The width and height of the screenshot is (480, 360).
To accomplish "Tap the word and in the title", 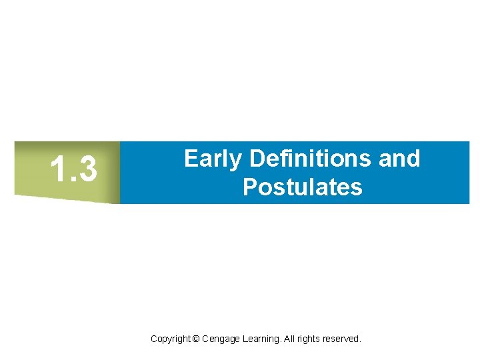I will coord(399,159).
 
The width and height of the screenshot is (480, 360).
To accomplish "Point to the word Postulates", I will coord(303,187).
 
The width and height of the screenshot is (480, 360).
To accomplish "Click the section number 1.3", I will coord(74,169).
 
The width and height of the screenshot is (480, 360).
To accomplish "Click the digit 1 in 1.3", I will coord(58,169).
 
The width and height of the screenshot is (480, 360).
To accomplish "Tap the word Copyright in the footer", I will coord(170,339).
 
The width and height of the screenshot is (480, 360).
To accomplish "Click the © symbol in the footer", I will coord(195,339).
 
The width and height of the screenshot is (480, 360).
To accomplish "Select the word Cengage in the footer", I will coord(219,339).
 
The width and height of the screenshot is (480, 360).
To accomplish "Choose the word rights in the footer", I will coord(309,339).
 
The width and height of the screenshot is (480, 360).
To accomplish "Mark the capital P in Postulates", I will coord(250,187).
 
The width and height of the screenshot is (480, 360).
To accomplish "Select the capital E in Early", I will coord(190,159).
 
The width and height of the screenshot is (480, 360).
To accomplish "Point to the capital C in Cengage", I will coord(205,339).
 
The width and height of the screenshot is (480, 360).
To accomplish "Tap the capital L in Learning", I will coord(243,339).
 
